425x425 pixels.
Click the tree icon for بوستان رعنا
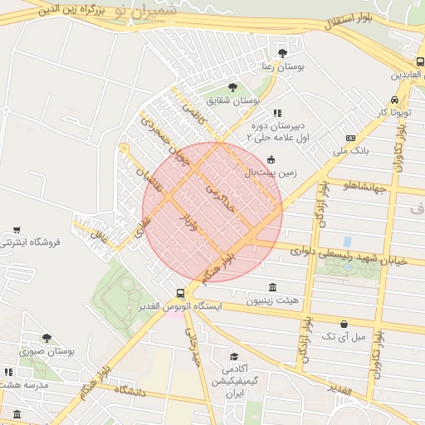tap(282, 52)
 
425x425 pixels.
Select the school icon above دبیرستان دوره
tap(277, 113)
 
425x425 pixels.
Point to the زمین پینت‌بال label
tap(270, 172)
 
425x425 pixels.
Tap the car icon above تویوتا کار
tap(394, 98)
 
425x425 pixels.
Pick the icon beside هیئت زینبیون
tap(273, 286)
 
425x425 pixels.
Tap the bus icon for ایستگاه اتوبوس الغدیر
tap(181, 293)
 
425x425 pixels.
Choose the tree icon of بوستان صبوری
tap(46, 338)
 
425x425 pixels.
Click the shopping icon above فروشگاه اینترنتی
tap(17, 229)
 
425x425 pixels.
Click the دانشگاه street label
tap(130, 390)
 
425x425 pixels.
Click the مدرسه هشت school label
tap(25, 386)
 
